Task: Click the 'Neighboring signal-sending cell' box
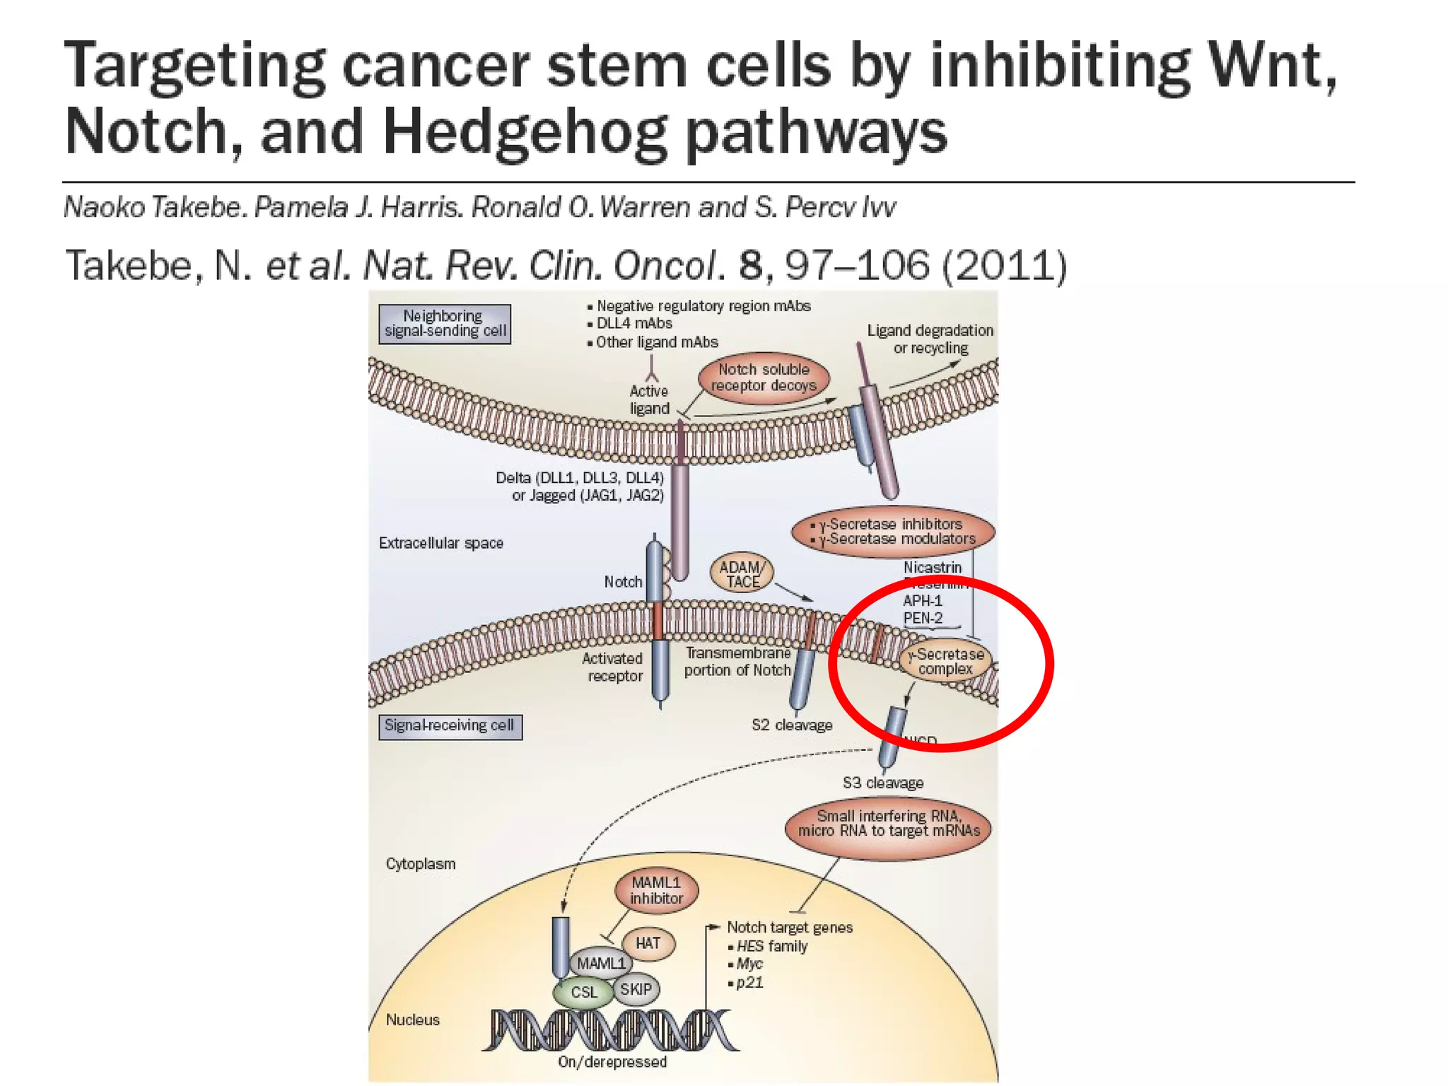pyautogui.click(x=444, y=324)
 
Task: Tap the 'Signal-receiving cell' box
pyautogui.click(x=450, y=726)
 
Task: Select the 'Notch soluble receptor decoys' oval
pyautogui.click(x=764, y=378)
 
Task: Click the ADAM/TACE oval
pyautogui.click(x=742, y=573)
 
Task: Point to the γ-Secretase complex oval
pyautogui.click(x=946, y=662)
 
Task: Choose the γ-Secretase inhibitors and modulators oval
pyautogui.click(x=893, y=532)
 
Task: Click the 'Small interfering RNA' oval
pyautogui.click(x=888, y=824)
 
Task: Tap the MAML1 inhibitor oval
pyautogui.click(x=656, y=890)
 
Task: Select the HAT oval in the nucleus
pyautogui.click(x=648, y=944)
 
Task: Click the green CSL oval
pyautogui.click(x=584, y=992)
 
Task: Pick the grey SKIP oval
pyautogui.click(x=636, y=989)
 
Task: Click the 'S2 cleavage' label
pyautogui.click(x=792, y=725)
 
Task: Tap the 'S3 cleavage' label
pyautogui.click(x=883, y=783)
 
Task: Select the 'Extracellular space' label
pyautogui.click(x=440, y=543)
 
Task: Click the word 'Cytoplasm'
pyautogui.click(x=421, y=864)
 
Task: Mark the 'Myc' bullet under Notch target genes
pyautogui.click(x=749, y=964)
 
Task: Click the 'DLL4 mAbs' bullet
pyautogui.click(x=634, y=324)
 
